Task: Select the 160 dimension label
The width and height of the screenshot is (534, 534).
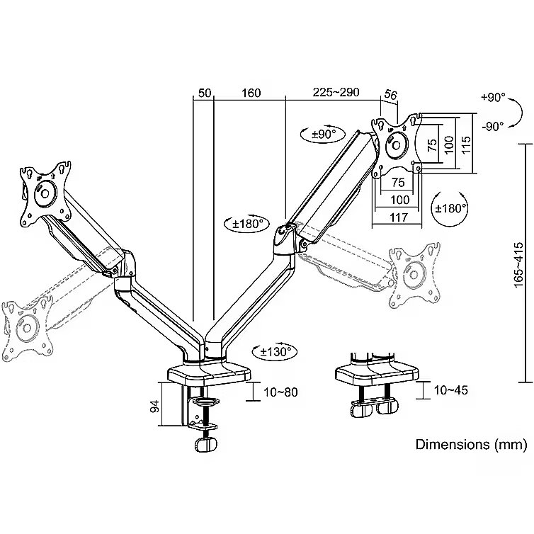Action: (250, 93)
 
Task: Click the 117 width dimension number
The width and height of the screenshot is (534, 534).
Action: (399, 217)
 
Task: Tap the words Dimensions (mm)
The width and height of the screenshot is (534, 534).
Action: (471, 445)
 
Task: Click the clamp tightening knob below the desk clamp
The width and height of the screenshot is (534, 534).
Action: (205, 445)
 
